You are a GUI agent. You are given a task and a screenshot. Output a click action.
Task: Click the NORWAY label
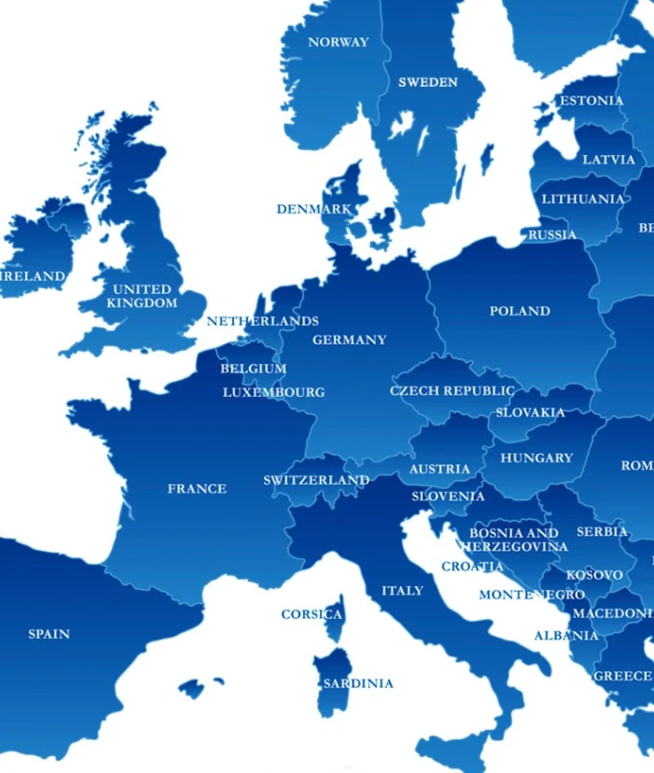(338, 42)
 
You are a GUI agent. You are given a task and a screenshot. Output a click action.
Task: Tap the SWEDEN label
(428, 82)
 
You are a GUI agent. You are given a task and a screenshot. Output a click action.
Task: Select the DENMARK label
(313, 209)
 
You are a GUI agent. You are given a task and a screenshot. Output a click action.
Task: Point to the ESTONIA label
(591, 101)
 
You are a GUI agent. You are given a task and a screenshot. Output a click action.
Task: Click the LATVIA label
(608, 160)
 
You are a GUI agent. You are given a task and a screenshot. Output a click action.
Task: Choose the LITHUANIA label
(583, 199)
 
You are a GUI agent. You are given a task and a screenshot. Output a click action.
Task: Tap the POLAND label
(520, 311)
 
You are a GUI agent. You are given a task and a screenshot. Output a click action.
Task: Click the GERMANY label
(349, 340)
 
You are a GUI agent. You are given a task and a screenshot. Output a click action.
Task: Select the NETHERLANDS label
(262, 321)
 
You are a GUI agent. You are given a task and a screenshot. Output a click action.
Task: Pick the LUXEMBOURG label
(273, 392)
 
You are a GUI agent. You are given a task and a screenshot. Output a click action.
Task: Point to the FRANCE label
(197, 488)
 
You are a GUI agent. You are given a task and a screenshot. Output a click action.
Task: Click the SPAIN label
(49, 634)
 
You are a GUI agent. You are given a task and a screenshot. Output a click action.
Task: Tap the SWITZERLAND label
(316, 480)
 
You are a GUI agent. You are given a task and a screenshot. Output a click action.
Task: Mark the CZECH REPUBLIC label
(452, 390)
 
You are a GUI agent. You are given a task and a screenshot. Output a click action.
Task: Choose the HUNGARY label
(536, 457)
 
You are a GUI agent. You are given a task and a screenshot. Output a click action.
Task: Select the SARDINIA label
(358, 683)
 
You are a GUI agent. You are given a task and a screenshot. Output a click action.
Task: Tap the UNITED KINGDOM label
(142, 296)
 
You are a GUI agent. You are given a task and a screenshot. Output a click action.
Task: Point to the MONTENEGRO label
(532, 595)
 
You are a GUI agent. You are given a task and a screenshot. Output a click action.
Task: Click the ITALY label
(402, 590)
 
